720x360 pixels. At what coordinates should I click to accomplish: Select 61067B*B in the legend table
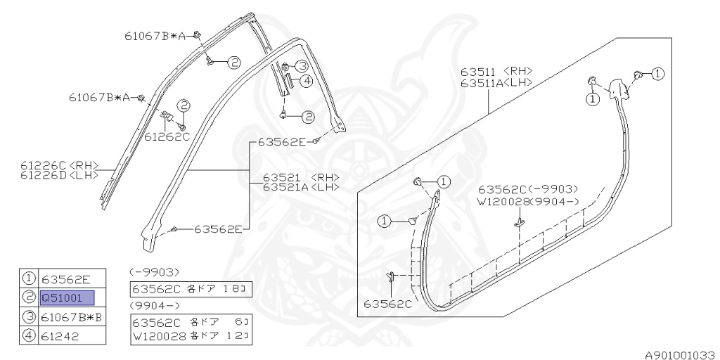click(72, 317)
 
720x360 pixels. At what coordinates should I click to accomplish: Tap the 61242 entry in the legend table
click(60, 336)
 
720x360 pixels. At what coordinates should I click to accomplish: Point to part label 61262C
click(167, 137)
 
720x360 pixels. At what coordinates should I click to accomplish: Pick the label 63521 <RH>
click(300, 177)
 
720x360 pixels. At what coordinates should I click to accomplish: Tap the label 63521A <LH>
click(300, 187)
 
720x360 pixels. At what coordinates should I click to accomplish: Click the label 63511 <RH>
click(496, 72)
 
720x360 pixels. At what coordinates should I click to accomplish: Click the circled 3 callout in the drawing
click(301, 65)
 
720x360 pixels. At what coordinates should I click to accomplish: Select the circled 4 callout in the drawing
click(306, 81)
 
